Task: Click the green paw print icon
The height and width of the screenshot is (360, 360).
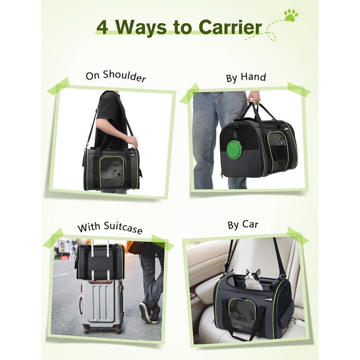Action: click(x=291, y=15)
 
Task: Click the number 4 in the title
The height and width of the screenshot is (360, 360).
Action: click(x=102, y=27)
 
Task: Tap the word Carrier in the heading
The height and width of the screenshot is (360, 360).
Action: click(x=230, y=27)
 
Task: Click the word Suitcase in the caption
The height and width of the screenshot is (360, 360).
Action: click(x=123, y=227)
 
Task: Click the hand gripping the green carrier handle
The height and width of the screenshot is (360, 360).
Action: click(x=254, y=98)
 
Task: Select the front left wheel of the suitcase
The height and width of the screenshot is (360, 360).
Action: click(x=86, y=331)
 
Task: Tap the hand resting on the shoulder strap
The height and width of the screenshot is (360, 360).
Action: click(x=131, y=141)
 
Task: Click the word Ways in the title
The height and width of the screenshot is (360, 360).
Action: click(x=140, y=28)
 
